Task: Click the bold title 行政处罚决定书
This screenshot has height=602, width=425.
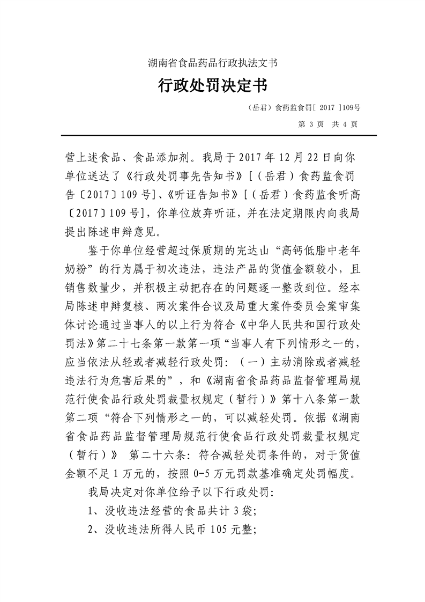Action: point(212,86)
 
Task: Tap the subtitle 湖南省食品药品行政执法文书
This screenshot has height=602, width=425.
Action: point(212,63)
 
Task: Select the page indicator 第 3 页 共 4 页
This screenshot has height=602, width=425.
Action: point(326,124)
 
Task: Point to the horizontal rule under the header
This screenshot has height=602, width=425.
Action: point(212,135)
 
